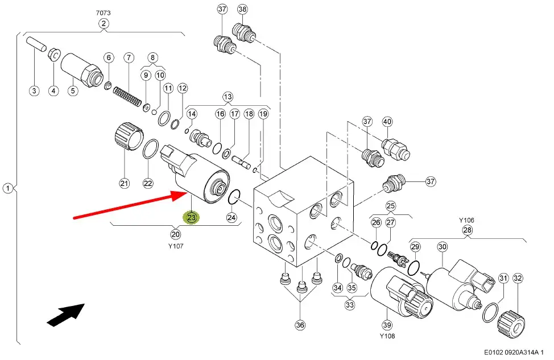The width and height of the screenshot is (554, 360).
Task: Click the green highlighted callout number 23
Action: [191, 217]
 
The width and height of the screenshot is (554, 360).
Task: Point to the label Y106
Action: [466, 220]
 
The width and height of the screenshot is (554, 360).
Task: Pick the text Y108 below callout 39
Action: [388, 336]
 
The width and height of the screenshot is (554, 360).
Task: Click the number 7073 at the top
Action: [103, 11]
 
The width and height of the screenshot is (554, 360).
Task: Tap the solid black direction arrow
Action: [65, 315]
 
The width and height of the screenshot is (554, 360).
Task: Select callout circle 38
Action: [242, 9]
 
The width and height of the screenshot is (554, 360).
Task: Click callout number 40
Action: [387, 121]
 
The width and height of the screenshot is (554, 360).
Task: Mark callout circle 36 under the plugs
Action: [300, 325]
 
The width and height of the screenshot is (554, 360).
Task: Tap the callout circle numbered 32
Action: [517, 278]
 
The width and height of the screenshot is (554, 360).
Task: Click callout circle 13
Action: [228, 96]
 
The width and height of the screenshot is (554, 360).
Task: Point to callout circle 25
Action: [390, 205]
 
